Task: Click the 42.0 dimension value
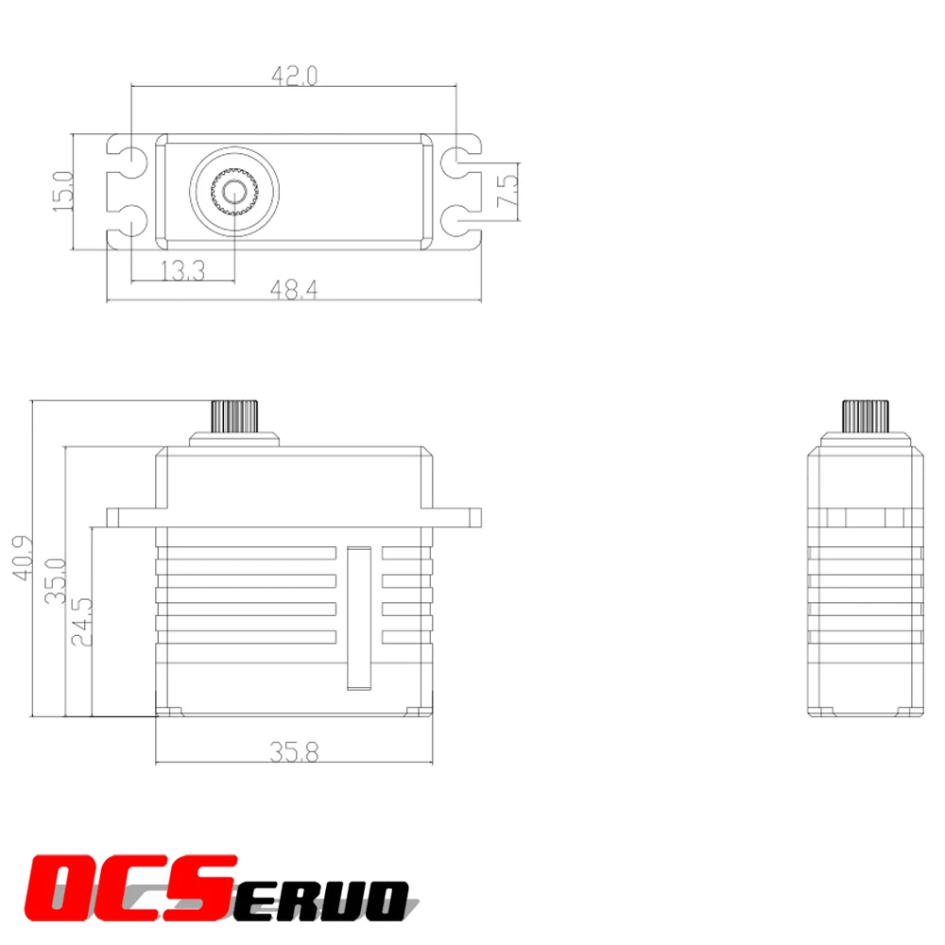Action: pyautogui.click(x=294, y=76)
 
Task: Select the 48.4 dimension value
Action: pyautogui.click(x=294, y=291)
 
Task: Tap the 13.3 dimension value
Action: pyautogui.click(x=182, y=271)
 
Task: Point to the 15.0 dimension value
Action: pyautogui.click(x=62, y=191)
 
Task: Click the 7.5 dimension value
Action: pyautogui.click(x=507, y=192)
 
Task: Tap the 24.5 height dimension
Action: pyautogui.click(x=82, y=620)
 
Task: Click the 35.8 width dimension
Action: pyautogui.click(x=294, y=752)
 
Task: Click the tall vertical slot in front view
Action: pyautogui.click(x=359, y=618)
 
